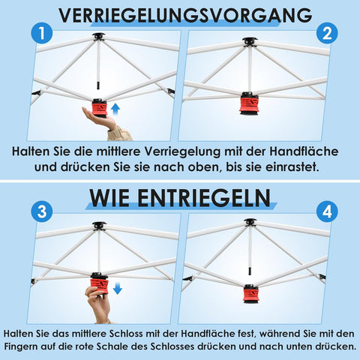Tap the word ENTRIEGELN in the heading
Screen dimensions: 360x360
(211, 197)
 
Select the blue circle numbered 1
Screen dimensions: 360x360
(42, 34)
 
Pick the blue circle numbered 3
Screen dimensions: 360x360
(42, 212)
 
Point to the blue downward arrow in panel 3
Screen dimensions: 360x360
(116, 289)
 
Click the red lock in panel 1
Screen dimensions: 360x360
(97, 106)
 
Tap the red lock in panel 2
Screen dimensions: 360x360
(249, 101)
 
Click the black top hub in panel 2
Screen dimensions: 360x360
(249, 41)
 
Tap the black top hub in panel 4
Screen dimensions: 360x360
(250, 222)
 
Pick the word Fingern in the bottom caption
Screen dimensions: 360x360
(28, 346)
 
